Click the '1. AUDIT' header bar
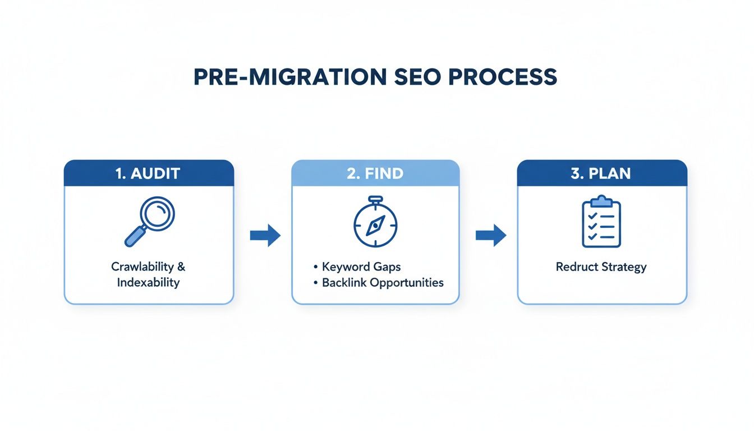pyautogui.click(x=149, y=173)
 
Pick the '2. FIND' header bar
pyautogui.click(x=375, y=173)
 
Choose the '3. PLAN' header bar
pyautogui.click(x=601, y=173)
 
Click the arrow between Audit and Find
pyautogui.click(x=265, y=235)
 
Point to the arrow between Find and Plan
pyautogui.click(x=490, y=235)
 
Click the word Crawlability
pyautogui.click(x=144, y=267)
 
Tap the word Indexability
pyautogui.click(x=149, y=282)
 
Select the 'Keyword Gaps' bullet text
pyautogui.click(x=361, y=267)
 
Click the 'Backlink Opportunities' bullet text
pyautogui.click(x=383, y=282)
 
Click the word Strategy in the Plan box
pyautogui.click(x=624, y=267)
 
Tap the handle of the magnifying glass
pyautogui.click(x=134, y=237)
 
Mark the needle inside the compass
pyautogui.click(x=374, y=226)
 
